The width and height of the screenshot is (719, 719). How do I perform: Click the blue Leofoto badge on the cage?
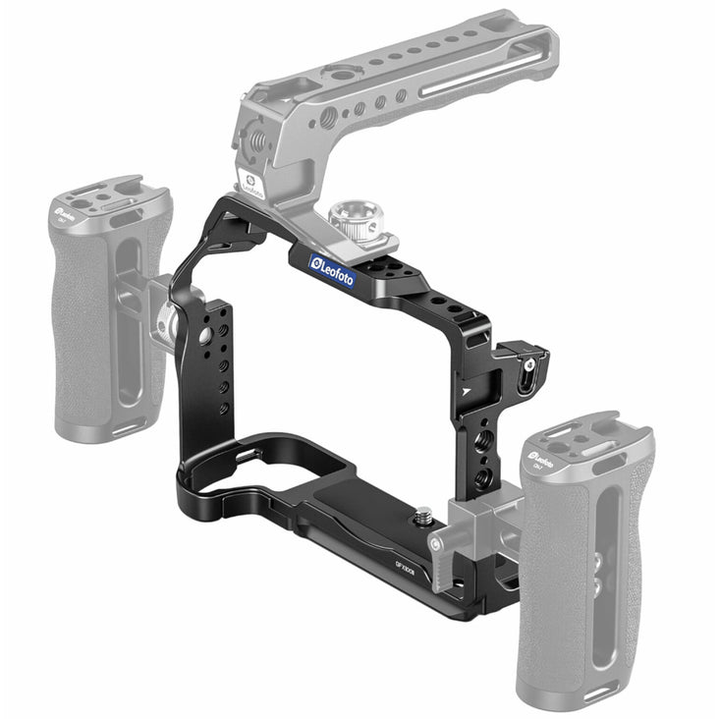(x=332, y=269)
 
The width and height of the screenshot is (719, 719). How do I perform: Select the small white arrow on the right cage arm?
(x=465, y=390)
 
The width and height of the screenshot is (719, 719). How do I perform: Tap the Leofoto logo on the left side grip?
(x=67, y=209)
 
